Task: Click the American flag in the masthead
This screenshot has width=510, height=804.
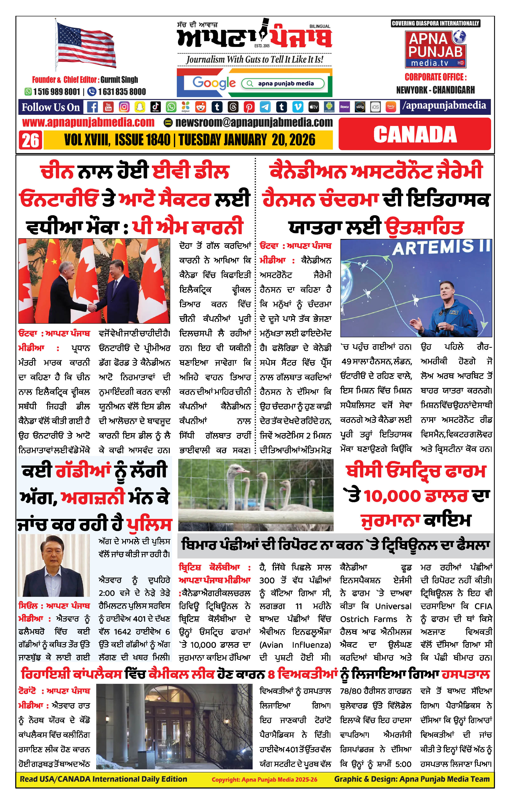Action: (86, 45)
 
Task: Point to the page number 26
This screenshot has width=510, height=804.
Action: (30, 140)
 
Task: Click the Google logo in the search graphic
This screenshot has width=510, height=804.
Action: (214, 83)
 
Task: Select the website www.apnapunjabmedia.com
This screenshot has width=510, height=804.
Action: (88, 122)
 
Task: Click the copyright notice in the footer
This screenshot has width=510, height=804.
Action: (264, 780)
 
